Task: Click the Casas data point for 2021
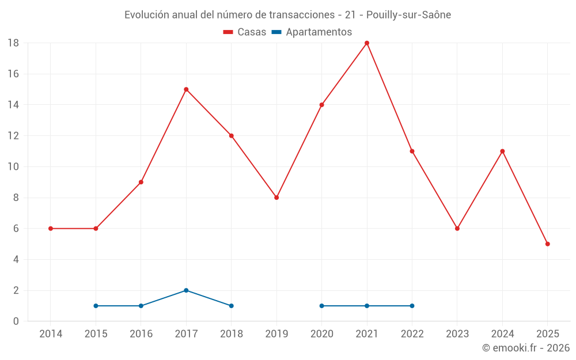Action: [367, 43]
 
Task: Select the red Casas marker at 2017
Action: [186, 89]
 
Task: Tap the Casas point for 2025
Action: [547, 244]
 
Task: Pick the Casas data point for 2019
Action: [276, 198]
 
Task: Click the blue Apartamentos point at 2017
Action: [186, 290]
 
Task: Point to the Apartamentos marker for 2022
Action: [412, 306]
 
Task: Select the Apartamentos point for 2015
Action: [96, 306]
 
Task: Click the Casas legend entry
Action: [245, 32]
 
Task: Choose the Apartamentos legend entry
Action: [312, 32]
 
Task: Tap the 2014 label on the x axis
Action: [51, 334]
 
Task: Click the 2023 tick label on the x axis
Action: [457, 334]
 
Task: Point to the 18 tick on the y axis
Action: [13, 43]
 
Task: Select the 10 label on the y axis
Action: [13, 167]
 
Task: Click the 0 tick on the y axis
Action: [16, 321]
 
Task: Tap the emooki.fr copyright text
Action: [526, 348]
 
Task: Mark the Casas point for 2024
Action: [502, 151]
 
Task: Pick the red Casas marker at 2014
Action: [51, 229]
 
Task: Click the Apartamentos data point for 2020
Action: [321, 306]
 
